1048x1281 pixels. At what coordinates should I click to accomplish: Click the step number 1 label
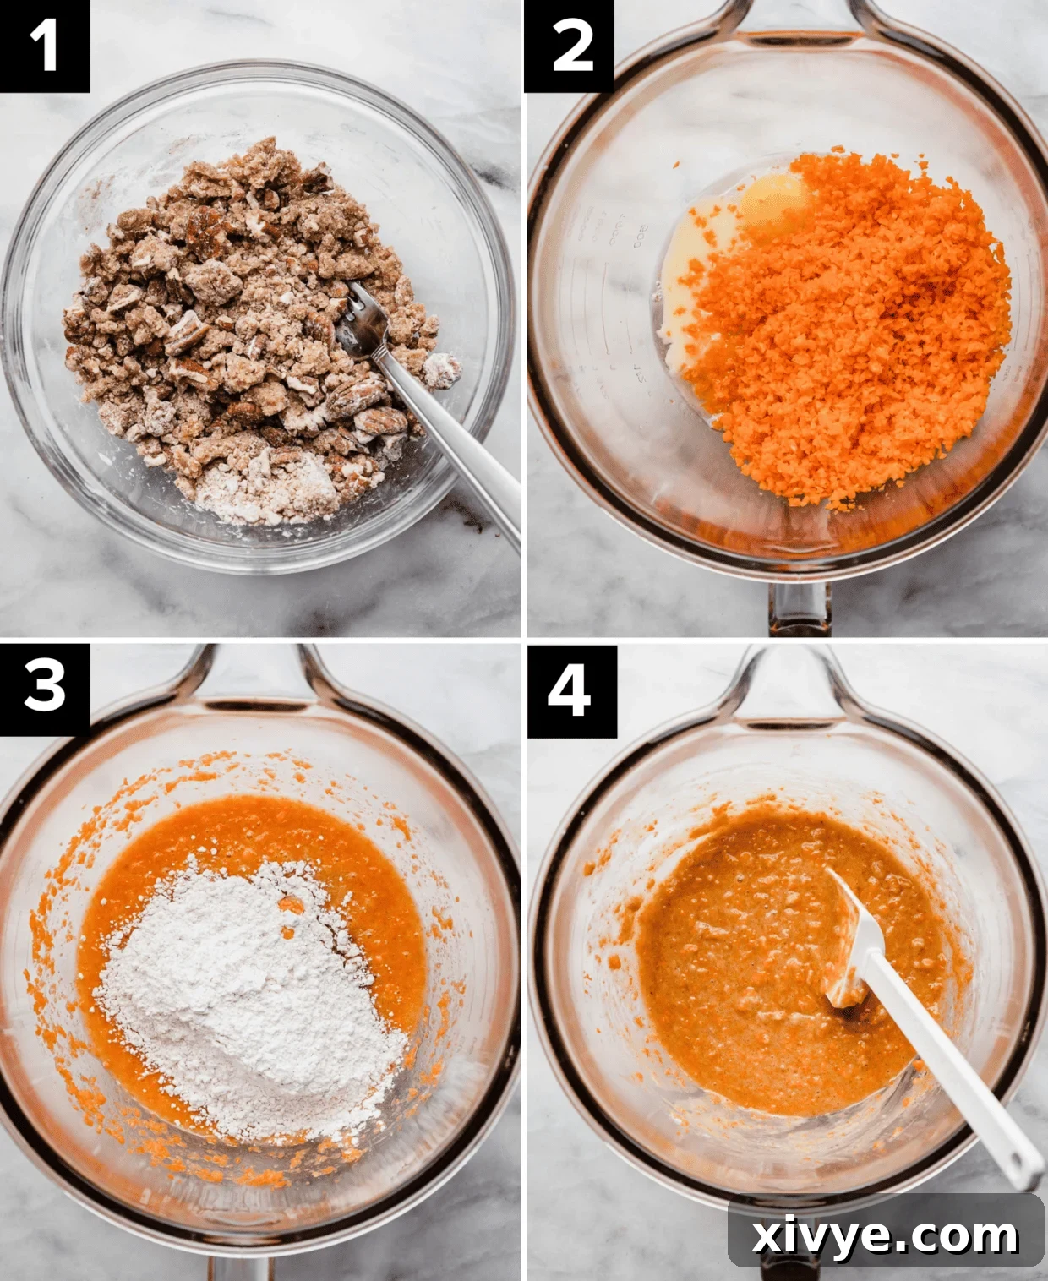click(44, 46)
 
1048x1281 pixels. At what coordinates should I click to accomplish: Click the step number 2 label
click(569, 46)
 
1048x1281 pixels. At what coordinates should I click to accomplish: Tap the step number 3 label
click(44, 688)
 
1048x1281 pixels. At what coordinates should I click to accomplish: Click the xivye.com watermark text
click(885, 1235)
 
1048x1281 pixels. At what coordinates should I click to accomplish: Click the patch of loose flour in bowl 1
click(254, 490)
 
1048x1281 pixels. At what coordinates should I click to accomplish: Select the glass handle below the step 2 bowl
click(800, 608)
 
